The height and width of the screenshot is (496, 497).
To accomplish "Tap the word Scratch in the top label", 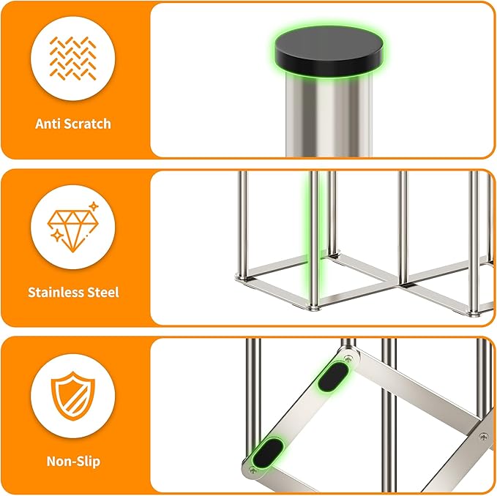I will click(x=87, y=124).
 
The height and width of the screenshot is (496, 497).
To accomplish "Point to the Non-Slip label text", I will click(x=73, y=462).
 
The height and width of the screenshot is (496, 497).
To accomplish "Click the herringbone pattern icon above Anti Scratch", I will click(x=73, y=59).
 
